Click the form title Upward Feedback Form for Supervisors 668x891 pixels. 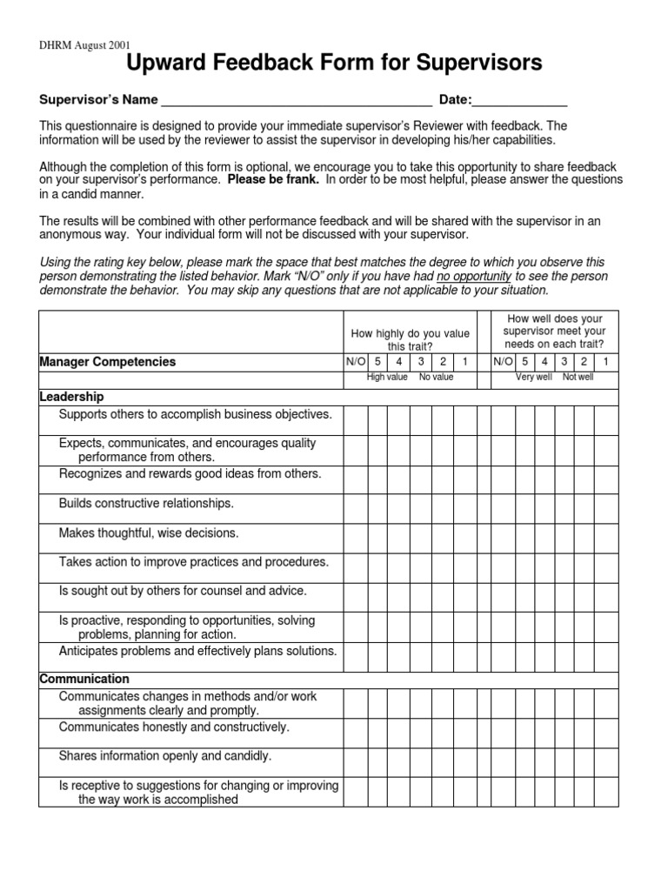(335, 63)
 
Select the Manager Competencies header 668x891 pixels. (108, 362)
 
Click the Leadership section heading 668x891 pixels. (72, 397)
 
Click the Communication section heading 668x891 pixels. (84, 679)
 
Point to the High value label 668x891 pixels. (387, 379)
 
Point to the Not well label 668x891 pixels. (578, 379)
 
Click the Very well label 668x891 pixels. (533, 379)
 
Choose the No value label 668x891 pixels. (436, 379)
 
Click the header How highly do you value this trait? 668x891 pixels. (409, 339)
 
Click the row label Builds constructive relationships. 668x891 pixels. (146, 504)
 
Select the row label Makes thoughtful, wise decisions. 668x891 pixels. (148, 533)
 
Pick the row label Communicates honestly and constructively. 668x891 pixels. (174, 727)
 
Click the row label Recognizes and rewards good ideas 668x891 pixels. (190, 474)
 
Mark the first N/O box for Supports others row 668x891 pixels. (355, 420)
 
